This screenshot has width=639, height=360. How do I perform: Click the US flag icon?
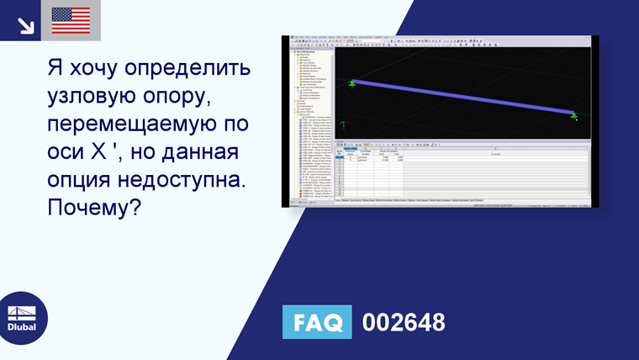(71, 20)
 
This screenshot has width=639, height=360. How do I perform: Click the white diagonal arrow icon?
(25, 24)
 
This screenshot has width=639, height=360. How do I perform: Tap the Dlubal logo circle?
(23, 317)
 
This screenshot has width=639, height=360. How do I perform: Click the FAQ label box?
(317, 323)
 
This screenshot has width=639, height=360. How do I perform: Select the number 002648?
(403, 323)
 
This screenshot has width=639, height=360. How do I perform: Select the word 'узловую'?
(94, 95)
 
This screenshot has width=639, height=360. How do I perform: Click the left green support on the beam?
(353, 82)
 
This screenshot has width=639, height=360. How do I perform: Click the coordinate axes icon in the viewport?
(343, 126)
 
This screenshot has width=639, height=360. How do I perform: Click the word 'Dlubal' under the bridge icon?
(23, 327)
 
